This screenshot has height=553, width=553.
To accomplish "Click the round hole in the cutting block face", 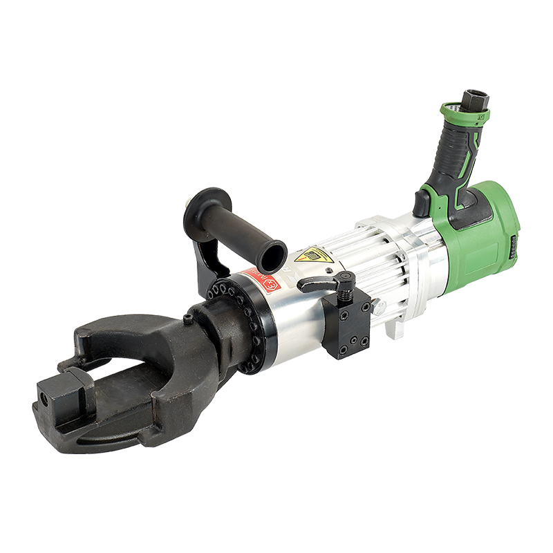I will click(x=46, y=400).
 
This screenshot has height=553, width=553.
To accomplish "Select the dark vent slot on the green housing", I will click(x=514, y=246).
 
